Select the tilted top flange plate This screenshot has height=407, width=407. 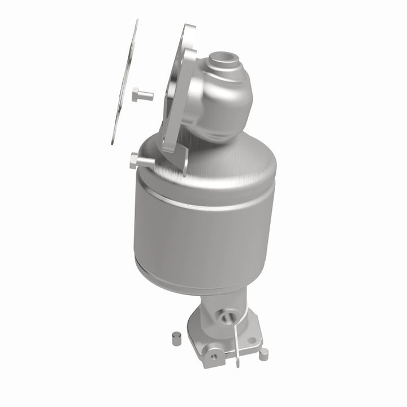click(x=180, y=90)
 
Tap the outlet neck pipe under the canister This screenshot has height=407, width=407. click(x=218, y=305)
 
